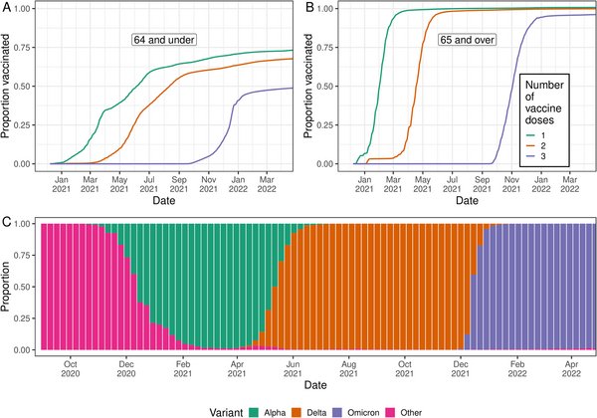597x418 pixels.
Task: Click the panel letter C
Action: (6, 218)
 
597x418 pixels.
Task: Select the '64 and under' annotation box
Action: (165, 40)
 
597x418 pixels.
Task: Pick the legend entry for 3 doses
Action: (545, 157)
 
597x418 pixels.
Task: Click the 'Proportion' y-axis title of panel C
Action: (9, 288)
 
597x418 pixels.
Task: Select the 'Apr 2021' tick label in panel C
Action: (239, 369)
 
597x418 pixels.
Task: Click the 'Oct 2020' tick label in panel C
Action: (70, 369)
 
